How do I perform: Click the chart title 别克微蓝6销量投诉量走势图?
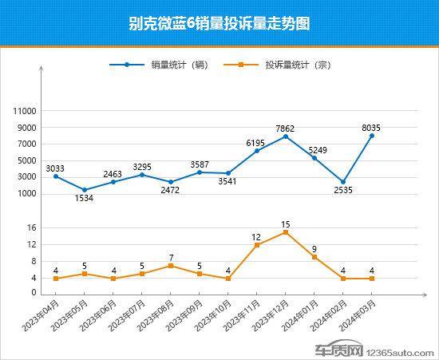219,24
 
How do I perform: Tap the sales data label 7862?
286,126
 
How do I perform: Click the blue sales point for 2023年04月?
56,176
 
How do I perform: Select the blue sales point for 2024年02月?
343,182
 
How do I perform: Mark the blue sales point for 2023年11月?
257,150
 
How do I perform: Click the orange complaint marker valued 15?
286,232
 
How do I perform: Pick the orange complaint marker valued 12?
257,245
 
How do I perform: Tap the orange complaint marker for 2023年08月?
171,266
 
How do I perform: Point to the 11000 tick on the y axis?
26,110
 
